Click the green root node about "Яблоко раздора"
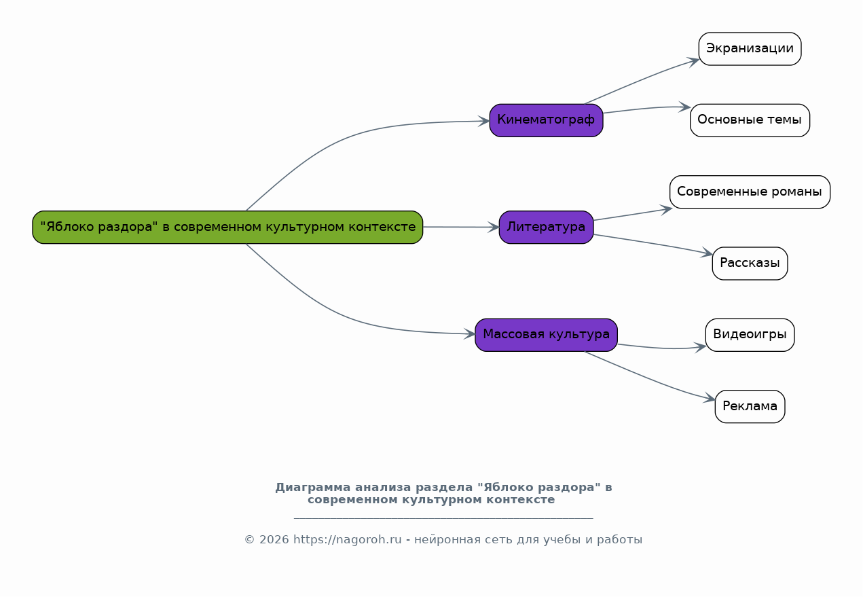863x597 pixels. (x=227, y=227)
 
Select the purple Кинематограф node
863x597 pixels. (x=546, y=120)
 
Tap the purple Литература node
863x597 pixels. (x=546, y=227)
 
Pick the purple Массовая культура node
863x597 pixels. (x=546, y=335)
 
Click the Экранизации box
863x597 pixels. (x=750, y=49)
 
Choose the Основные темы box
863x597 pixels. (x=750, y=120)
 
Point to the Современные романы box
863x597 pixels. (x=750, y=192)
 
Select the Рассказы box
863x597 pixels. (x=750, y=264)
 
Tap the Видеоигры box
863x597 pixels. (x=750, y=335)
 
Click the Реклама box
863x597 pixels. (x=750, y=407)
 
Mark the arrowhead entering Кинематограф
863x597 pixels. (x=484, y=121)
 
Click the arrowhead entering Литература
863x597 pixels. (x=494, y=227)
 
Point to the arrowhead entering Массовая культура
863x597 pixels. (x=469, y=333)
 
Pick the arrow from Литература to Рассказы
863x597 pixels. (x=653, y=243)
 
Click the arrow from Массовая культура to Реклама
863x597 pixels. (x=650, y=379)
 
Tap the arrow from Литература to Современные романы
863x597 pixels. (x=632, y=215)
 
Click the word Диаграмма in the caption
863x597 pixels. (x=312, y=488)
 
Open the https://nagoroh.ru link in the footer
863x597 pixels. (x=348, y=539)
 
